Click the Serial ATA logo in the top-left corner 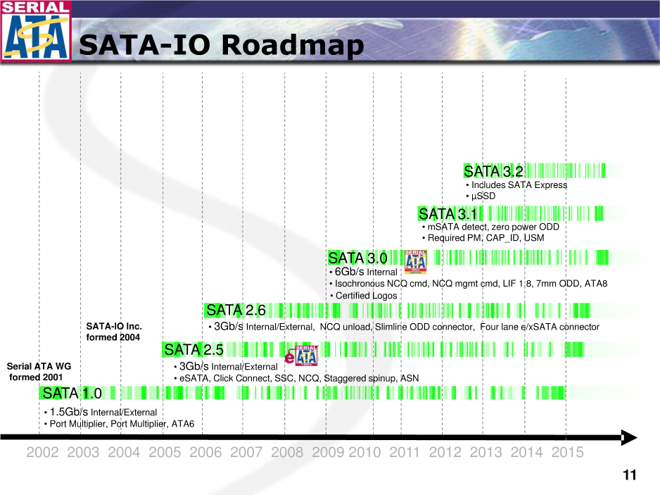click(36, 31)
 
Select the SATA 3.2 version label click(493, 171)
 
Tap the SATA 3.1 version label click(448, 214)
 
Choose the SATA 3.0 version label click(357, 258)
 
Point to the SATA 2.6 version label click(236, 310)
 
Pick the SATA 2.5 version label click(193, 350)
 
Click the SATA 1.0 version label click(72, 393)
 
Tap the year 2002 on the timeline click(42, 452)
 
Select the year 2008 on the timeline click(287, 452)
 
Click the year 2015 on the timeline click(567, 452)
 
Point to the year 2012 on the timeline click(445, 452)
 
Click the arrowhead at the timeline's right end click(629, 438)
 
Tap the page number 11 click(630, 475)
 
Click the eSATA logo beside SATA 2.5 click(301, 356)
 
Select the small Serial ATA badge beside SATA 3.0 click(415, 262)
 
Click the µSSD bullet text click(481, 196)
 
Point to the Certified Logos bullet click(364, 296)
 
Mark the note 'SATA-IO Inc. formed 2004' click(114, 332)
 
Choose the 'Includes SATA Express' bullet click(516, 185)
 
